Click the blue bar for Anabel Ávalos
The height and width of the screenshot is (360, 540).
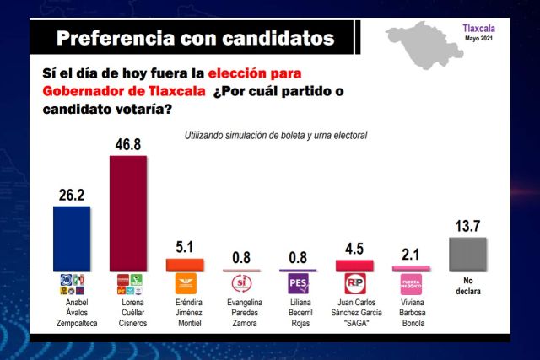tap(72, 239)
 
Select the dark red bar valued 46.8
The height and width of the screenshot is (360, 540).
tap(128, 213)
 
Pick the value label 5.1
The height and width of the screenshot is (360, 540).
tap(185, 247)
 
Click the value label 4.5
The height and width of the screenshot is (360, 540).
tap(355, 248)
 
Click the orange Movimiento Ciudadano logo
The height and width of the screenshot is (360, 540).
tap(185, 283)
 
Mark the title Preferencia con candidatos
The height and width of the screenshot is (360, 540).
tap(194, 38)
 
